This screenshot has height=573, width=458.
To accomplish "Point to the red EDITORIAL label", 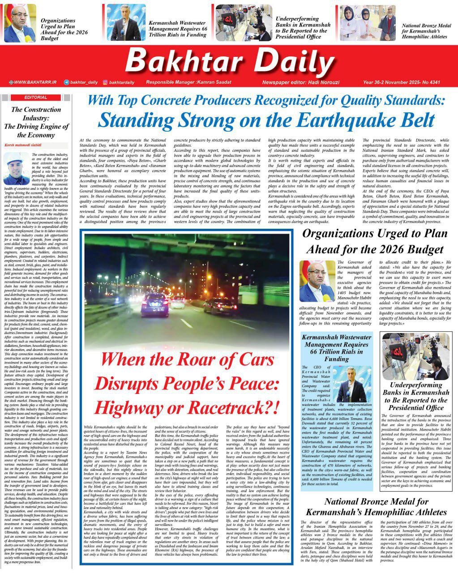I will (x=36, y=97).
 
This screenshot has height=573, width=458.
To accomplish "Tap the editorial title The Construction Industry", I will (x=36, y=122).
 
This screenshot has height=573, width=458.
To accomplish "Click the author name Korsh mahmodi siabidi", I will (x=25, y=146).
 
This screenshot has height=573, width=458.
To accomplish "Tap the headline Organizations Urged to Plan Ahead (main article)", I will (x=375, y=241).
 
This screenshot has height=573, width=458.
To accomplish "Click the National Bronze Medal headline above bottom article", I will (x=376, y=507).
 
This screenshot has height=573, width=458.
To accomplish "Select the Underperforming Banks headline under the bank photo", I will (x=416, y=396).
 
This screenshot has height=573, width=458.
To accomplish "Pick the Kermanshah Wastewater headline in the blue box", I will (x=336, y=348).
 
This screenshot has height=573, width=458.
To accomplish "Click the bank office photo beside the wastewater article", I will (x=416, y=356).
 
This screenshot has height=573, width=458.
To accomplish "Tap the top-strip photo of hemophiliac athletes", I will (x=367, y=22).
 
